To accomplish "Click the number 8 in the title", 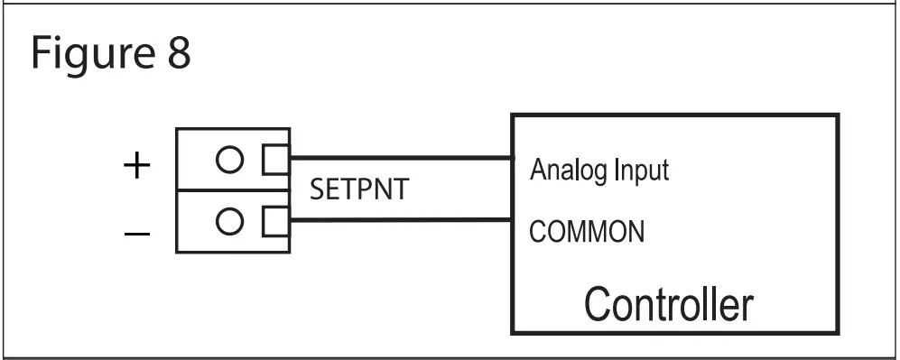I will pos(177,54).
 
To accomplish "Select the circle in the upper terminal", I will pos(229,160).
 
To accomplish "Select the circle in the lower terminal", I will pos(229,219).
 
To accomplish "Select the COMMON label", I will pos(587,232).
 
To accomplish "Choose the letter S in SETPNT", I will pos(316,190).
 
